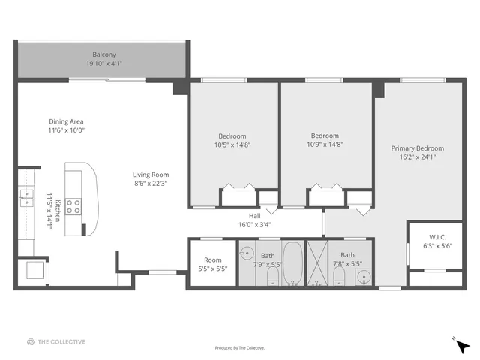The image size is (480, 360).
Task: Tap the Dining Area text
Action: click(66, 121)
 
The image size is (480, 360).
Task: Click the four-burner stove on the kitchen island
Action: click(73, 206)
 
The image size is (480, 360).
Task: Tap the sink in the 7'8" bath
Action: click(363, 275)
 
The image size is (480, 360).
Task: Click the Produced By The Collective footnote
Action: click(240, 348)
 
